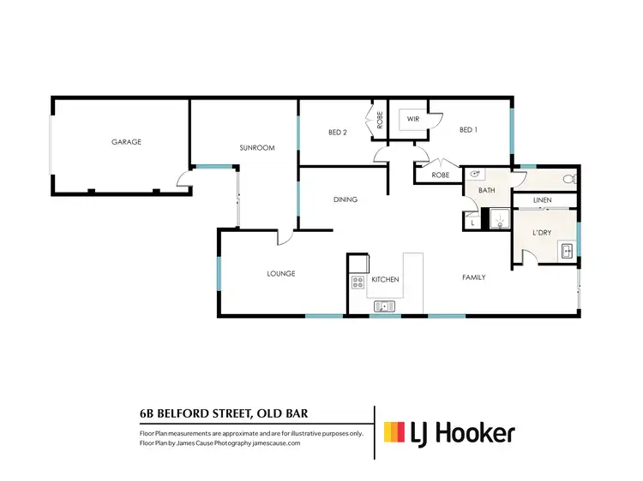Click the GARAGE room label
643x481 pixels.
click(125, 142)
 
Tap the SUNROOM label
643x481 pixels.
click(256, 148)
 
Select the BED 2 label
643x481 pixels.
click(337, 132)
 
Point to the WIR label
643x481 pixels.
click(412, 119)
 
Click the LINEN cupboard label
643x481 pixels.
click(541, 200)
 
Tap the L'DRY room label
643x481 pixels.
click(541, 233)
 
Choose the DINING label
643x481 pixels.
click(345, 199)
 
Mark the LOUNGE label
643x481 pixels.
click(280, 274)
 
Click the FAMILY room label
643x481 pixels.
click(473, 277)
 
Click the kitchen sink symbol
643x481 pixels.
click(385, 306)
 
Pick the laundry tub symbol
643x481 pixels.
click(567, 249)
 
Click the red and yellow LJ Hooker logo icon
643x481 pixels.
click(394, 432)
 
